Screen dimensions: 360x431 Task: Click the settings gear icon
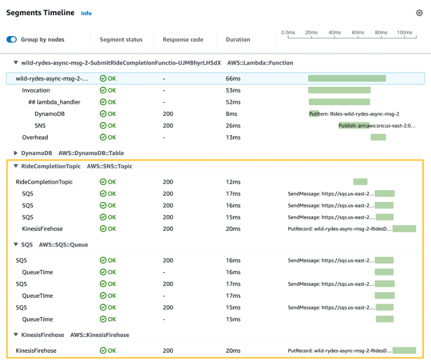tap(419, 13)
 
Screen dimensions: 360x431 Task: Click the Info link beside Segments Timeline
tap(86, 13)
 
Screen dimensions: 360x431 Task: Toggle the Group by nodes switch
tap(12, 39)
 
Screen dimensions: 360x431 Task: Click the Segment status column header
tap(121, 40)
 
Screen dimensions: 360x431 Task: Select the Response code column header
tap(183, 40)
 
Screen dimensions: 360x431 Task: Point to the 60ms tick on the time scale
tap(358, 33)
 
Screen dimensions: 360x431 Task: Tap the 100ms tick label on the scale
tap(404, 33)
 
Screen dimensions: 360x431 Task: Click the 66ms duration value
tap(233, 78)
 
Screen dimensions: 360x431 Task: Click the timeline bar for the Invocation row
tap(339, 90)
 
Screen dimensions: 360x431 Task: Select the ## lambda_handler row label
tap(54, 102)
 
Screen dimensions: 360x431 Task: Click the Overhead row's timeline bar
tap(378, 137)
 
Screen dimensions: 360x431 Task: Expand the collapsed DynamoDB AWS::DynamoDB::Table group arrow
tap(16, 153)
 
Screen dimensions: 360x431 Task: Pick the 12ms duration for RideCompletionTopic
tap(233, 182)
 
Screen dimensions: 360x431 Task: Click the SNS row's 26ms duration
tap(233, 125)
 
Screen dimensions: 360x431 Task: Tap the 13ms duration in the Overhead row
tap(233, 137)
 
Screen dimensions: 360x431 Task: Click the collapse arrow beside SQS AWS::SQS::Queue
tap(16, 245)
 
